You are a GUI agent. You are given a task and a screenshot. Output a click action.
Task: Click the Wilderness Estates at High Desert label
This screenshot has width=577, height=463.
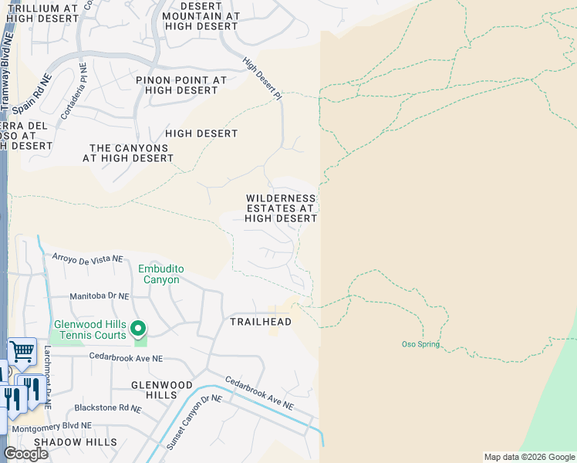point(281,208)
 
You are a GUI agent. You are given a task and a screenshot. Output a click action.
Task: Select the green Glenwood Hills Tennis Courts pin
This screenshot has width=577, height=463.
point(138,330)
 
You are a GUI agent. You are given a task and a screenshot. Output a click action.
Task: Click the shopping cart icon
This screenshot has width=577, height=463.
point(22,352)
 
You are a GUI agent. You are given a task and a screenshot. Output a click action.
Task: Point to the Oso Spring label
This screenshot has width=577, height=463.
point(420,344)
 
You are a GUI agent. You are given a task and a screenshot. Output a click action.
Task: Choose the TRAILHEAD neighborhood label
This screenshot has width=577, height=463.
point(261,322)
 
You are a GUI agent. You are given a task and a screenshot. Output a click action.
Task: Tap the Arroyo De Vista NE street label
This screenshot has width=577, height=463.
point(86,258)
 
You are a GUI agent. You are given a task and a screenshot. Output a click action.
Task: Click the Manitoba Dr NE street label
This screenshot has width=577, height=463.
point(98,296)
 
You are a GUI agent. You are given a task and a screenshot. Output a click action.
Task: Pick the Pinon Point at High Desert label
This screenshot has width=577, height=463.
point(181,85)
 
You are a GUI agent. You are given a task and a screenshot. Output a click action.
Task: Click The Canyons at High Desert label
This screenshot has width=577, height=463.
point(128,153)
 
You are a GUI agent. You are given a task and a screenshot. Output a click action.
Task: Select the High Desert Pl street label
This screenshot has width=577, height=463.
point(262,79)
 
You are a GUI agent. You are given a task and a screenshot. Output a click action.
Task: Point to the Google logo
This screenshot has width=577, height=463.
point(25,454)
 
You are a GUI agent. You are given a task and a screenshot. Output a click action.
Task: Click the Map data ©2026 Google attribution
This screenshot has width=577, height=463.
point(528,457)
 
